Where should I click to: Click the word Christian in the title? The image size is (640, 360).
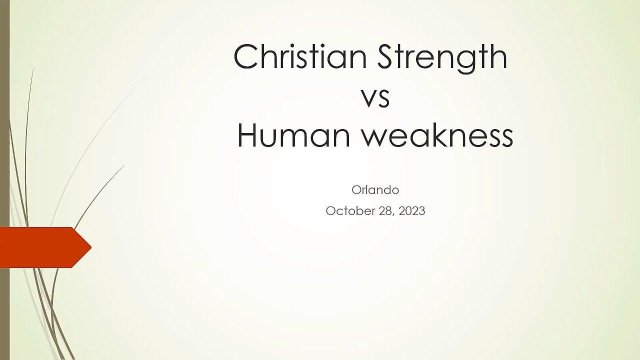pos(300,56)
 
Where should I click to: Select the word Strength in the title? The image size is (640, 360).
pos(442,58)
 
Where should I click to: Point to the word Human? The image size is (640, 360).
pos(293,135)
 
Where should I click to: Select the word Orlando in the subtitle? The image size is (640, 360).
pos(375,190)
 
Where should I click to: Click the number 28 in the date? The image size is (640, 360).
pos(385,211)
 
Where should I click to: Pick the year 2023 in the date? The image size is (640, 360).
pos(411,211)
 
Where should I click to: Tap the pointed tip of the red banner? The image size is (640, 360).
pos(91,247)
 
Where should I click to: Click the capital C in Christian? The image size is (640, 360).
pos(245,56)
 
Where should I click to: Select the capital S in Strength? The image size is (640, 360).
pos(386,56)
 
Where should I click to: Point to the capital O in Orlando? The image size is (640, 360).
pos(356,190)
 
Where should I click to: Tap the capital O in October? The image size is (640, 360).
pos(331,211)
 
